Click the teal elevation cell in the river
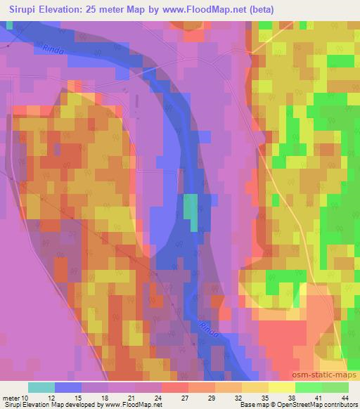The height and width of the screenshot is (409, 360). [191, 209]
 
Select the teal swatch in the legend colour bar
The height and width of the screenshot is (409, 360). [41, 387]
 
